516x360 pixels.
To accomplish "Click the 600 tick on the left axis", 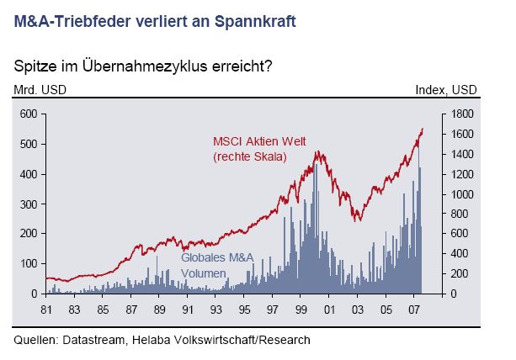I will coord(29,114).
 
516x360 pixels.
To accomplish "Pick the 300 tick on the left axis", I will coord(29,204).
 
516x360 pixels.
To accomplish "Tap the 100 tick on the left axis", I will coord(29,264).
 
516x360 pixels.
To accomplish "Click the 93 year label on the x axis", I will coord(216,310).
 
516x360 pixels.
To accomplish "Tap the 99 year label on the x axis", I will coord(302,310).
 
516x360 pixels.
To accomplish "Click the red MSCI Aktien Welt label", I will coord(258,142).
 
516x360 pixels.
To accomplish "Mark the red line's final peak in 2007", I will coord(422,129).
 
